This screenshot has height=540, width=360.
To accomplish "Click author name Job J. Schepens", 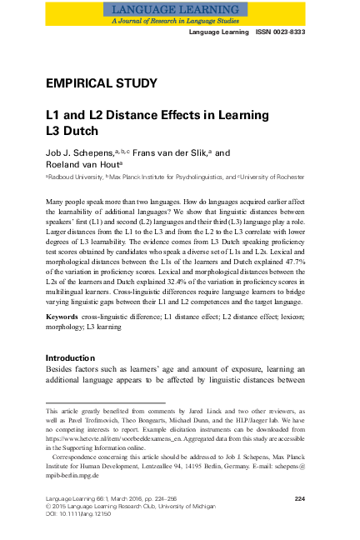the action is [82, 154].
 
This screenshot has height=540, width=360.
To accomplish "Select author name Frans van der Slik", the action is [157, 154].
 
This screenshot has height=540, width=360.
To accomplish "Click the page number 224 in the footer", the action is [306, 498].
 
